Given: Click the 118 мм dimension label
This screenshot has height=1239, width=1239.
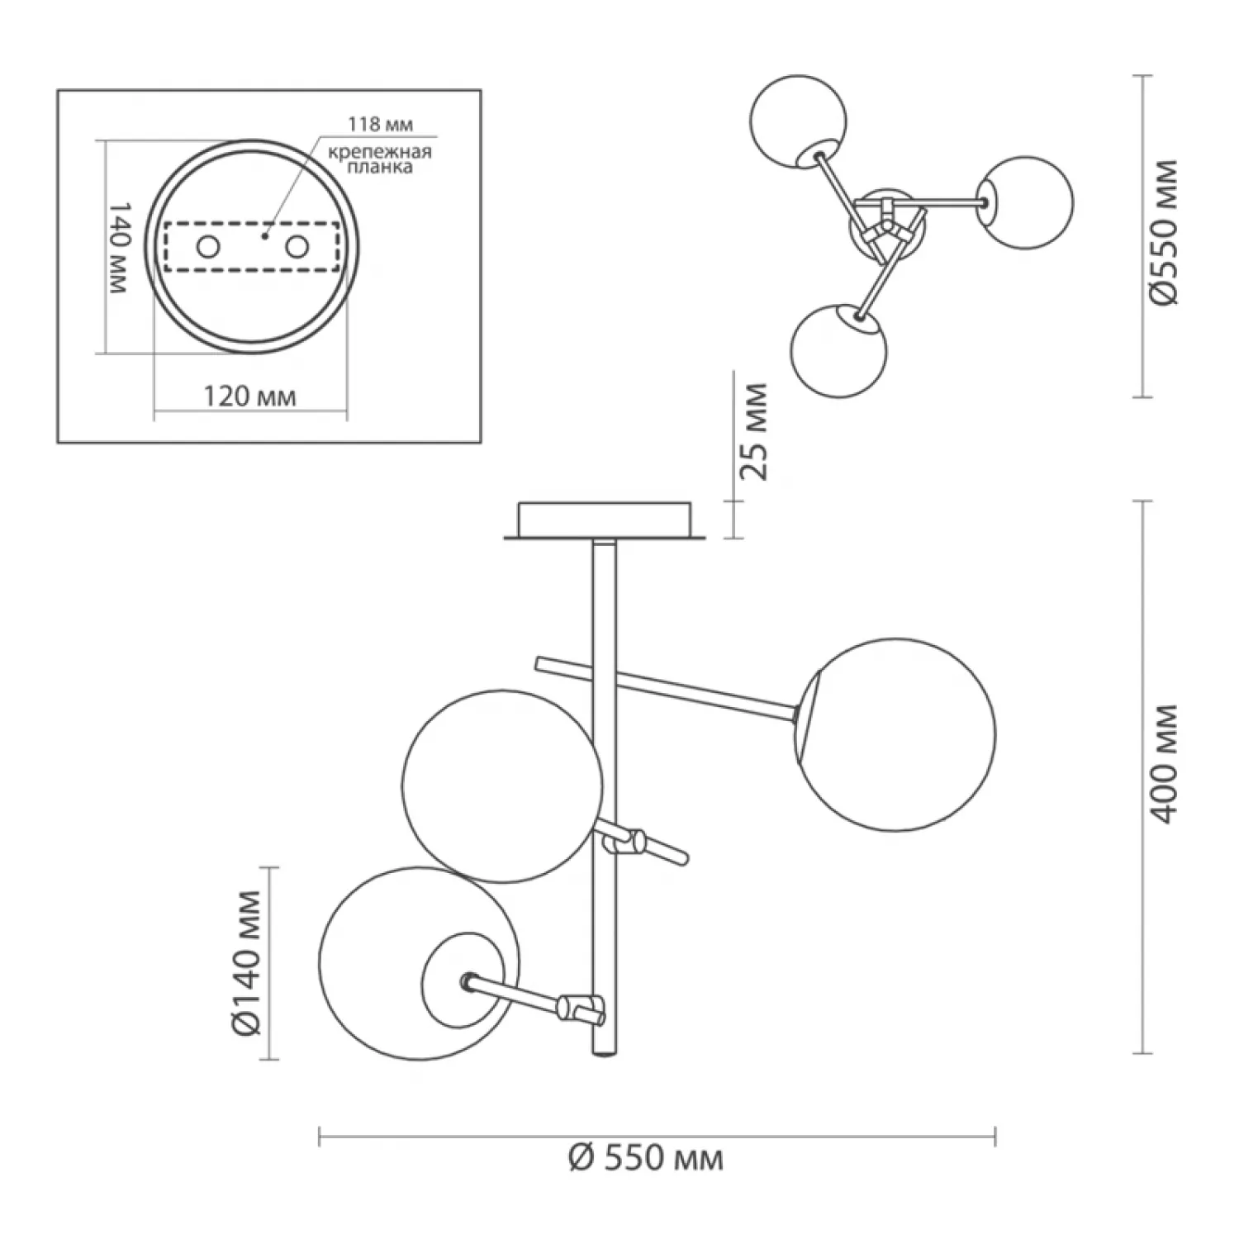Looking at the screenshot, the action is click(379, 125).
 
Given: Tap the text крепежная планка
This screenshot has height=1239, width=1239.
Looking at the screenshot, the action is click(380, 159).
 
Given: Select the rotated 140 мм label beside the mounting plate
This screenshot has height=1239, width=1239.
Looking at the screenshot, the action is click(119, 247).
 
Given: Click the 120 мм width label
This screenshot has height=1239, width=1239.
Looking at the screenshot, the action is click(249, 396).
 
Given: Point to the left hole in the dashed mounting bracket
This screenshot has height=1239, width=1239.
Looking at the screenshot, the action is click(207, 247).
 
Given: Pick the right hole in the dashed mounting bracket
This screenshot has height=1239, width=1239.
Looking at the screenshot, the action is click(297, 247).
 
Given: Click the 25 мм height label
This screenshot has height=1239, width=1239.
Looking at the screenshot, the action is click(753, 430).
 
